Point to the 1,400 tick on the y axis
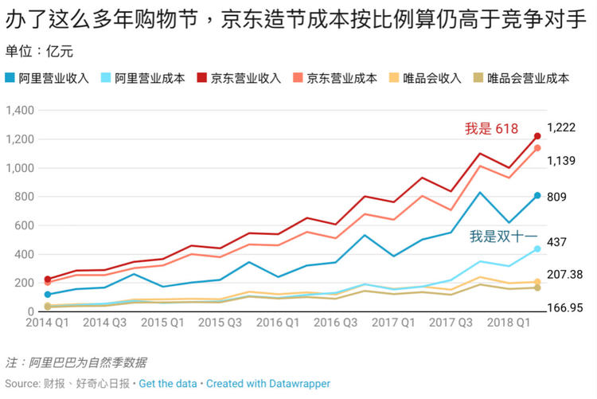pos(18,111)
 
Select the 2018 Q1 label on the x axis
pos(509,323)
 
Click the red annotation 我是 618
pos(491,129)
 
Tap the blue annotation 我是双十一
pos(503,237)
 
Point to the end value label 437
pos(556,242)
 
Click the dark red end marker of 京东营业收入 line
pos(537,136)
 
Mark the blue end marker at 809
pos(537,196)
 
